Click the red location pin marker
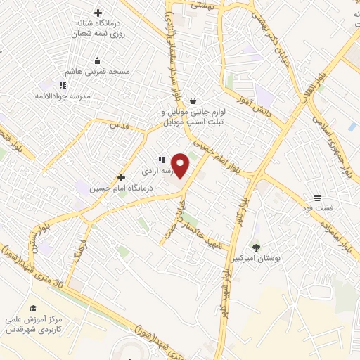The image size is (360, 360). (181, 166)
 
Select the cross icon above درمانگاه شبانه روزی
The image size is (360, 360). (98, 13)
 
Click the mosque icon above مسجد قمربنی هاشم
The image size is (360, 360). (97, 61)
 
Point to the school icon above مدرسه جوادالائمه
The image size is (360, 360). (83, 85)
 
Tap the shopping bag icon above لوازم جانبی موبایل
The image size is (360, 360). (193, 101)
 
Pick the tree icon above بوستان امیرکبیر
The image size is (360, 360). (255, 247)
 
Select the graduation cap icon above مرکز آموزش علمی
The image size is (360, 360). (32, 308)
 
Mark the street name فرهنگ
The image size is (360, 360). (77, 250)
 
